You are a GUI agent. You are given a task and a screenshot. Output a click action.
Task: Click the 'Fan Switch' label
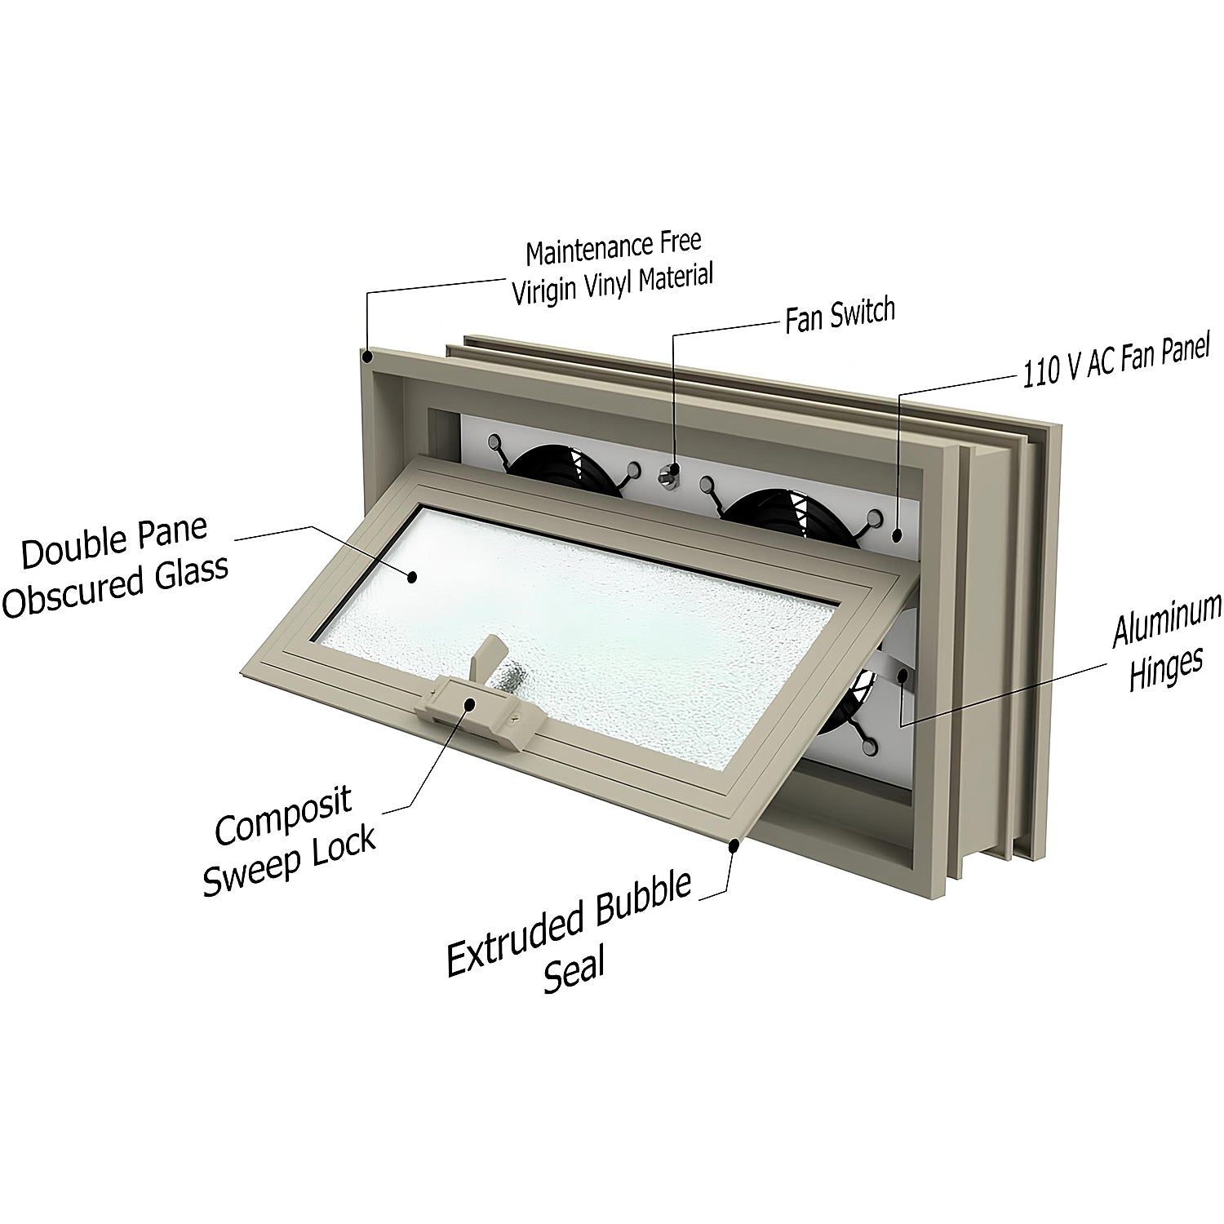point(840,315)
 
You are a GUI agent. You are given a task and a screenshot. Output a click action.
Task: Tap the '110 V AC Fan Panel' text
point(1115,360)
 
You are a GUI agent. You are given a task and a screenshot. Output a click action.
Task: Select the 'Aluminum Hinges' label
point(1167,643)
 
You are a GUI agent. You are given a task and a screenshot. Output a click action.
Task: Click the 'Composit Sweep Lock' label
point(289,840)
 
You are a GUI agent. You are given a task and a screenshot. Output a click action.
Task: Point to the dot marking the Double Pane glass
point(412,576)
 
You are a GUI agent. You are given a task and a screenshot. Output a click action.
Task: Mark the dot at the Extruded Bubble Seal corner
point(735,846)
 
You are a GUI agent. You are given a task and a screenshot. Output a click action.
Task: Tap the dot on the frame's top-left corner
point(368,356)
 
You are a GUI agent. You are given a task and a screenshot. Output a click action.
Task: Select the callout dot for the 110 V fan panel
point(897,535)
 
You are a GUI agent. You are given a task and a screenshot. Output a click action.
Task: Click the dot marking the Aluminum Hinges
point(903,674)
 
